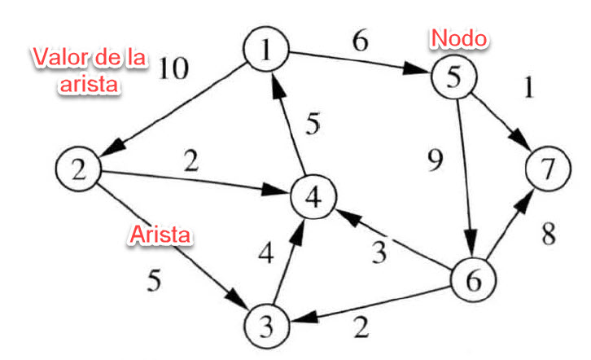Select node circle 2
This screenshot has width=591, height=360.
coord(77,168)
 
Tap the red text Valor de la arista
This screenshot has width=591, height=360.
coord(77,71)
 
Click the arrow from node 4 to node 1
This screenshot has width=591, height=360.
coord(291,126)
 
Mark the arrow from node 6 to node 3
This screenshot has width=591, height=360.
coord(370,304)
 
